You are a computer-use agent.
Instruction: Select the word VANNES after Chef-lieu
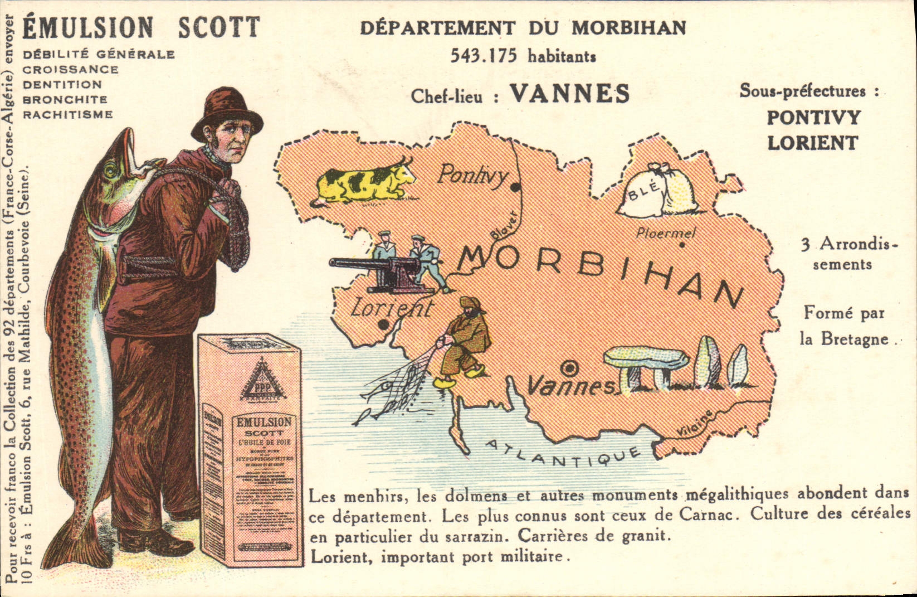(x=569, y=94)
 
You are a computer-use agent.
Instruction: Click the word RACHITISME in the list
(x=67, y=115)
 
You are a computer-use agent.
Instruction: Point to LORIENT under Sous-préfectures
(x=812, y=143)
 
